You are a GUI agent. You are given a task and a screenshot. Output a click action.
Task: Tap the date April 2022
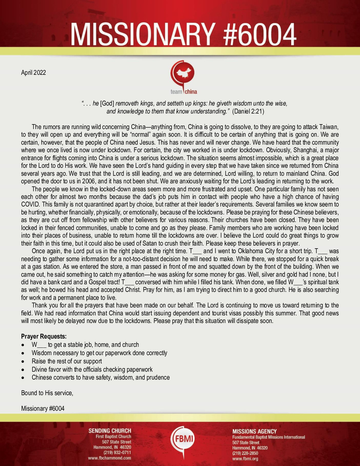pyautogui.click(x=33, y=72)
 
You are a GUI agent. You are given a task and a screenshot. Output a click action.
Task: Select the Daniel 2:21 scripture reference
pyautogui.click(x=248, y=111)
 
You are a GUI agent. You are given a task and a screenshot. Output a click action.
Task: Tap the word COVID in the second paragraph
pyautogui.click(x=31, y=204)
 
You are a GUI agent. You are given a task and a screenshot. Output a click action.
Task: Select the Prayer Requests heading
pyautogui.click(x=44, y=336)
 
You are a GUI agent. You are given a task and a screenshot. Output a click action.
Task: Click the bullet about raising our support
pyautogui.click(x=67, y=361)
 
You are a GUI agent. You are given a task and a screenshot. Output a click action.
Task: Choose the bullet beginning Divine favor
pyautogui.click(x=92, y=369)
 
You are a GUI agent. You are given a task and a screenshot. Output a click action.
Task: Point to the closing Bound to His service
pyautogui.click(x=47, y=393)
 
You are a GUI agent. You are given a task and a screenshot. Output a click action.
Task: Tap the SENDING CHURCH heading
pyautogui.click(x=110, y=431)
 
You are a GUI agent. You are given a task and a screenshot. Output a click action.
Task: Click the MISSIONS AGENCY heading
pyautogui.click(x=254, y=431)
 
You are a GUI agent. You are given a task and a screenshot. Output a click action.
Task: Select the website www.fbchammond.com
pyautogui.click(x=110, y=458)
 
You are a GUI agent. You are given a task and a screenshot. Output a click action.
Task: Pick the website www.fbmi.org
pyautogui.click(x=245, y=459)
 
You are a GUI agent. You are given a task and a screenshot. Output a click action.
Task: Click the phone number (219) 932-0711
pyautogui.click(x=117, y=452)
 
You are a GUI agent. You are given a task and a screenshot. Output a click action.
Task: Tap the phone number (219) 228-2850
pyautogui.click(x=245, y=453)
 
